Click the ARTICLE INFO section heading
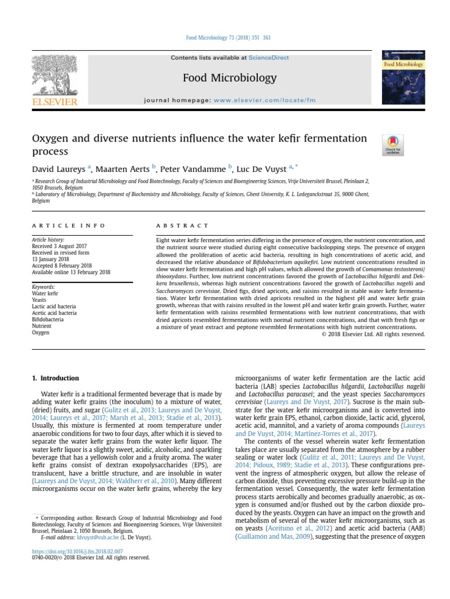69,225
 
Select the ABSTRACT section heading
182,225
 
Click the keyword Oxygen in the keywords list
40,333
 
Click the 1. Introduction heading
55,378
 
